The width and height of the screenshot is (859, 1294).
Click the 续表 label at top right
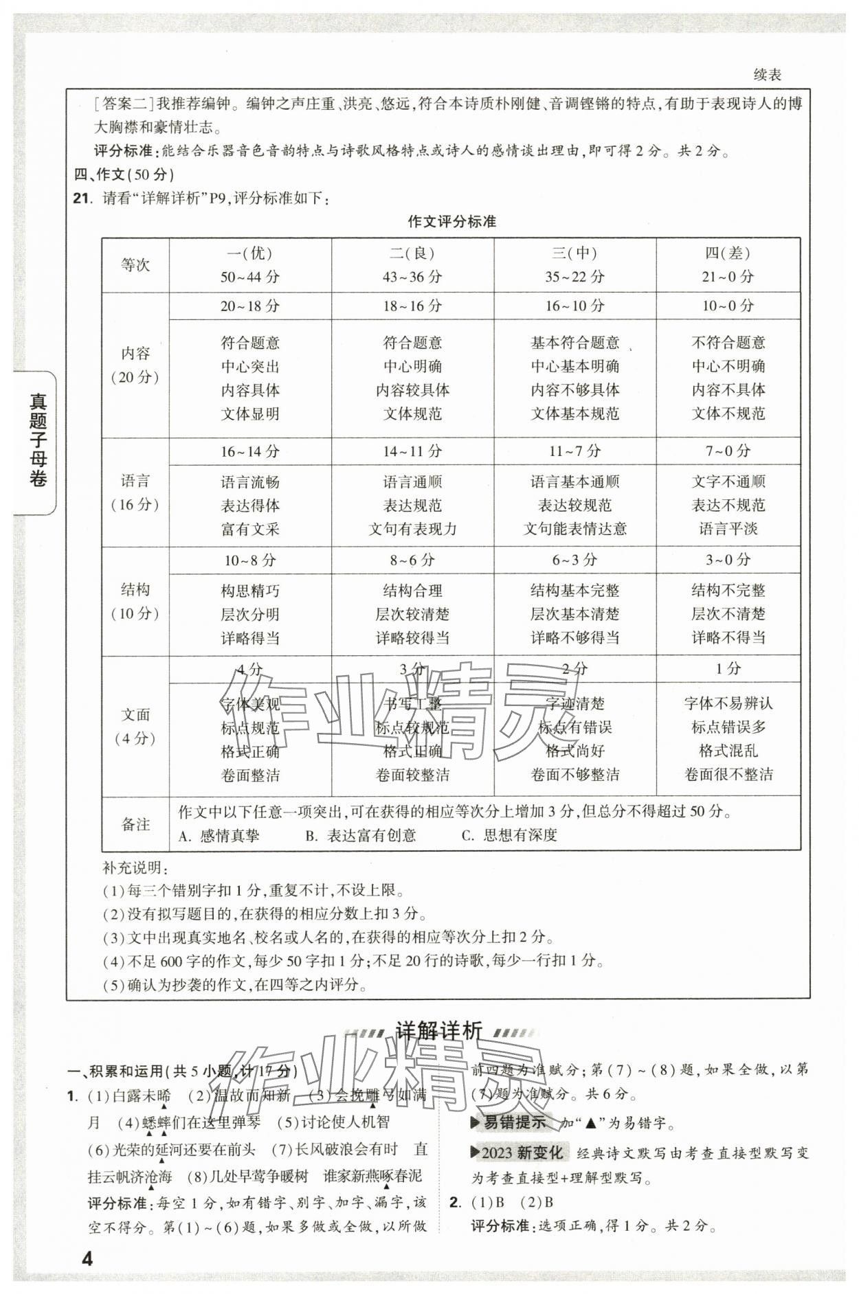coord(767,75)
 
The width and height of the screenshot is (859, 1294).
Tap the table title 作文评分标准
coord(451,221)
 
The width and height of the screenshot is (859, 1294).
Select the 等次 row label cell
coord(135,265)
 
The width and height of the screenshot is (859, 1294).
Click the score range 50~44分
coord(250,277)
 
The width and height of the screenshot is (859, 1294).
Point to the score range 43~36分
coord(412,277)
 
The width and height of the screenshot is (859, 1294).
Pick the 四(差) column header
coord(728,253)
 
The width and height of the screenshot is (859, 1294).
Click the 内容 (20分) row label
coord(135,365)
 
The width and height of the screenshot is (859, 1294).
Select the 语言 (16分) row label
coord(135,492)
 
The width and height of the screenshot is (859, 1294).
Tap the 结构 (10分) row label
coord(135,602)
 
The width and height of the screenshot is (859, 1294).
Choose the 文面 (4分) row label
coord(135,727)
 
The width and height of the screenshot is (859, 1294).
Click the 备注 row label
coord(135,824)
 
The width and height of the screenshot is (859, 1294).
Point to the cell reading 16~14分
coord(250,451)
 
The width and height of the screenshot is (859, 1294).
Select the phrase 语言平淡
coord(728,529)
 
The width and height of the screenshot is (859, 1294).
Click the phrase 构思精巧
coord(250,591)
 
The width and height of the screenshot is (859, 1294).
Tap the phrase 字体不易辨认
coord(728,703)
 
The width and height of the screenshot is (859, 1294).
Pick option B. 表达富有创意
coord(361,835)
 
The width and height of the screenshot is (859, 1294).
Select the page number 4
coord(87,1259)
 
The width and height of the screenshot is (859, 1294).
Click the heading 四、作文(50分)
coord(124,174)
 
